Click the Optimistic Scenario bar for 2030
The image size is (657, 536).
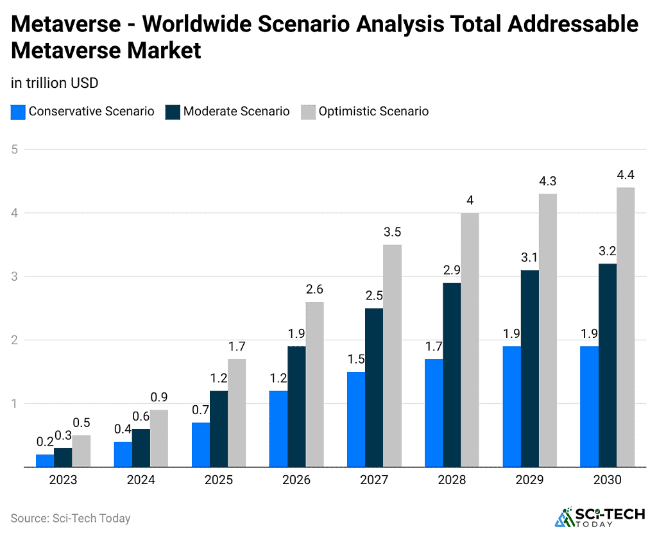626,327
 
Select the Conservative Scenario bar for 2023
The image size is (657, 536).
45,460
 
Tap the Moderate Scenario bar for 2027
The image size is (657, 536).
374,387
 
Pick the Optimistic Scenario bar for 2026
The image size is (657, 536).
314,384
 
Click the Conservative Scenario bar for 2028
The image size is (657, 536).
434,413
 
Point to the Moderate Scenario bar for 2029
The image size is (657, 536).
530,369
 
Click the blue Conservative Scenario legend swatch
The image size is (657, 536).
18,112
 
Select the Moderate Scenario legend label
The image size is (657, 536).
236,112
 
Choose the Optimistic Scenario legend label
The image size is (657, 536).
373,112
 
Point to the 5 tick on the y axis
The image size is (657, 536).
14,149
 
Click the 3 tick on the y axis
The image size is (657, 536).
14,276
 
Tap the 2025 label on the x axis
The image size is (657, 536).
218,480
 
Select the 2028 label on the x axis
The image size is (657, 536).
451,480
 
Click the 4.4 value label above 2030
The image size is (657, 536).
626,175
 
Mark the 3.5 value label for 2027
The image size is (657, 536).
393,232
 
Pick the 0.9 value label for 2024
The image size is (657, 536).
159,398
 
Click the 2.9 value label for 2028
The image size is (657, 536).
452,270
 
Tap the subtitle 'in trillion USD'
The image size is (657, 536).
55,83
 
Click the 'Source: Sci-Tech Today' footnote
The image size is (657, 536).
71,518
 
